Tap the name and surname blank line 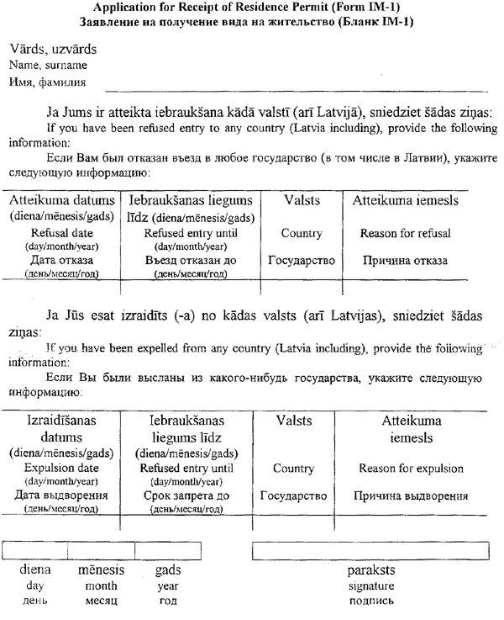294,87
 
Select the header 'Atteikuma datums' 61,201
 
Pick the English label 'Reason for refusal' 405,233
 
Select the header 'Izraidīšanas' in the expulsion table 61,418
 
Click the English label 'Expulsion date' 61,468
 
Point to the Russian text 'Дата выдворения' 61,495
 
